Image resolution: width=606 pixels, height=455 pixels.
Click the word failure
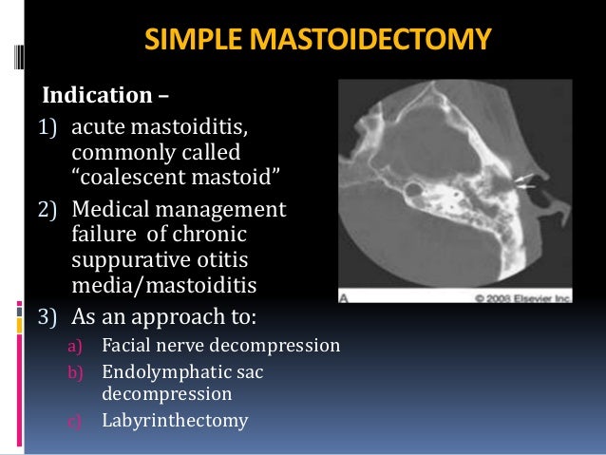click(x=103, y=235)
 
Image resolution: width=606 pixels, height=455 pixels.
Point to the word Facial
click(x=125, y=346)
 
